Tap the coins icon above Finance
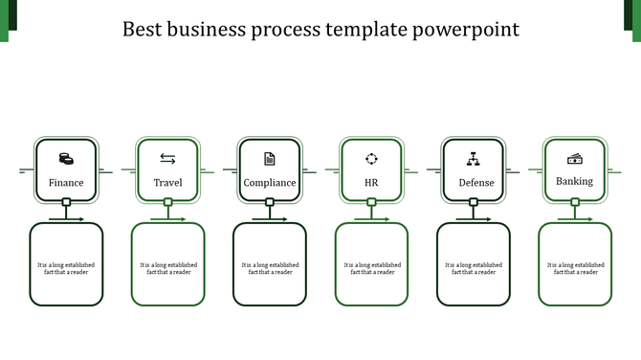(66, 159)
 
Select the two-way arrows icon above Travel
(167, 159)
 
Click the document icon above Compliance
(270, 159)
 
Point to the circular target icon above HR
(371, 159)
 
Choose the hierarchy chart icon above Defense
(473, 159)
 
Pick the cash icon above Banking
(575, 159)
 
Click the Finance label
(66, 183)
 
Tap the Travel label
(167, 183)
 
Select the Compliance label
(270, 183)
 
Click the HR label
(371, 183)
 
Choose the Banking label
(575, 181)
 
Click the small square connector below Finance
(66, 202)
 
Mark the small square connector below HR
(371, 202)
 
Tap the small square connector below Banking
(575, 202)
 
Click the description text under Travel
(168, 268)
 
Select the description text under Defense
(474, 268)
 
